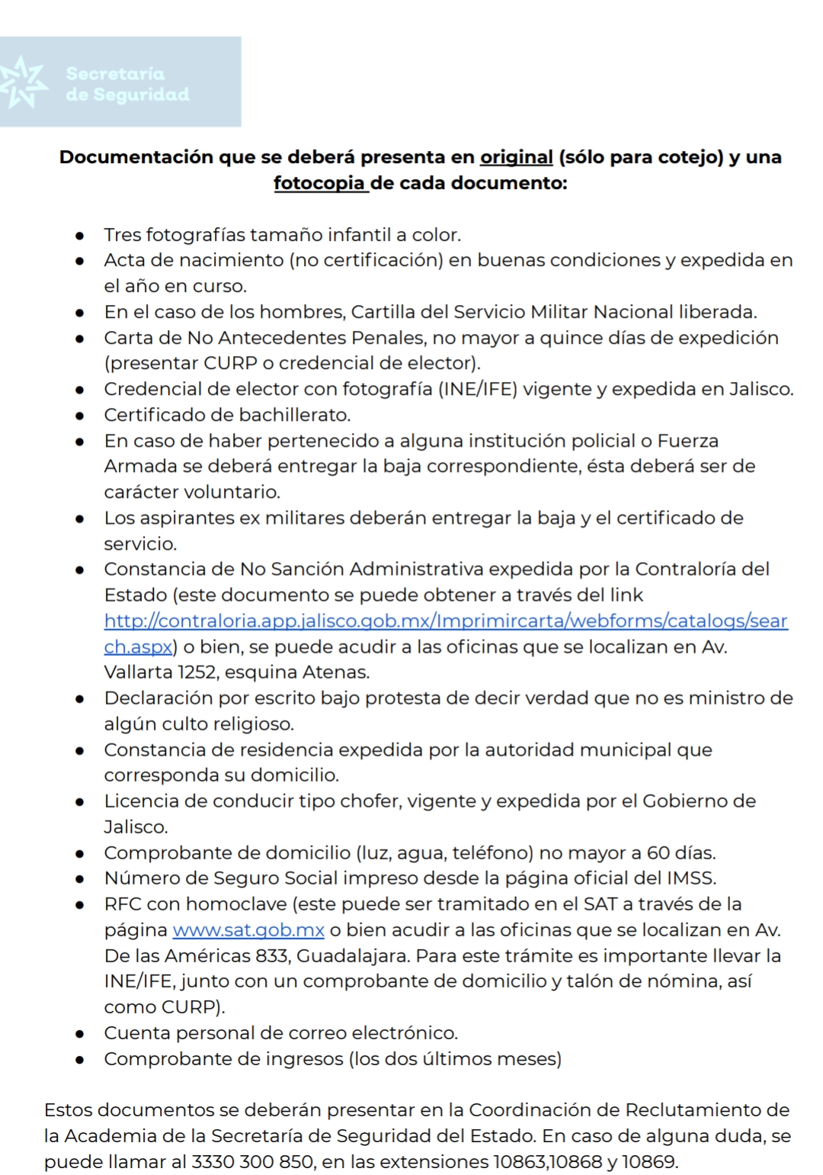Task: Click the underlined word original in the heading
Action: coord(516,157)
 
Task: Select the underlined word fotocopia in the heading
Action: coord(319,183)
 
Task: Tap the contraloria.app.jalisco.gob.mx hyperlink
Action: coord(446,621)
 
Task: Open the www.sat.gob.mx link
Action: coord(248,930)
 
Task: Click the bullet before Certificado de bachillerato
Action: coord(79,416)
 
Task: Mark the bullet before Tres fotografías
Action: coord(79,235)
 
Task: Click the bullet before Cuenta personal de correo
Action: coord(79,1034)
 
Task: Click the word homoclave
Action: coord(236,904)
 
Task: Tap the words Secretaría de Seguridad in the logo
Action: coord(127,84)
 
